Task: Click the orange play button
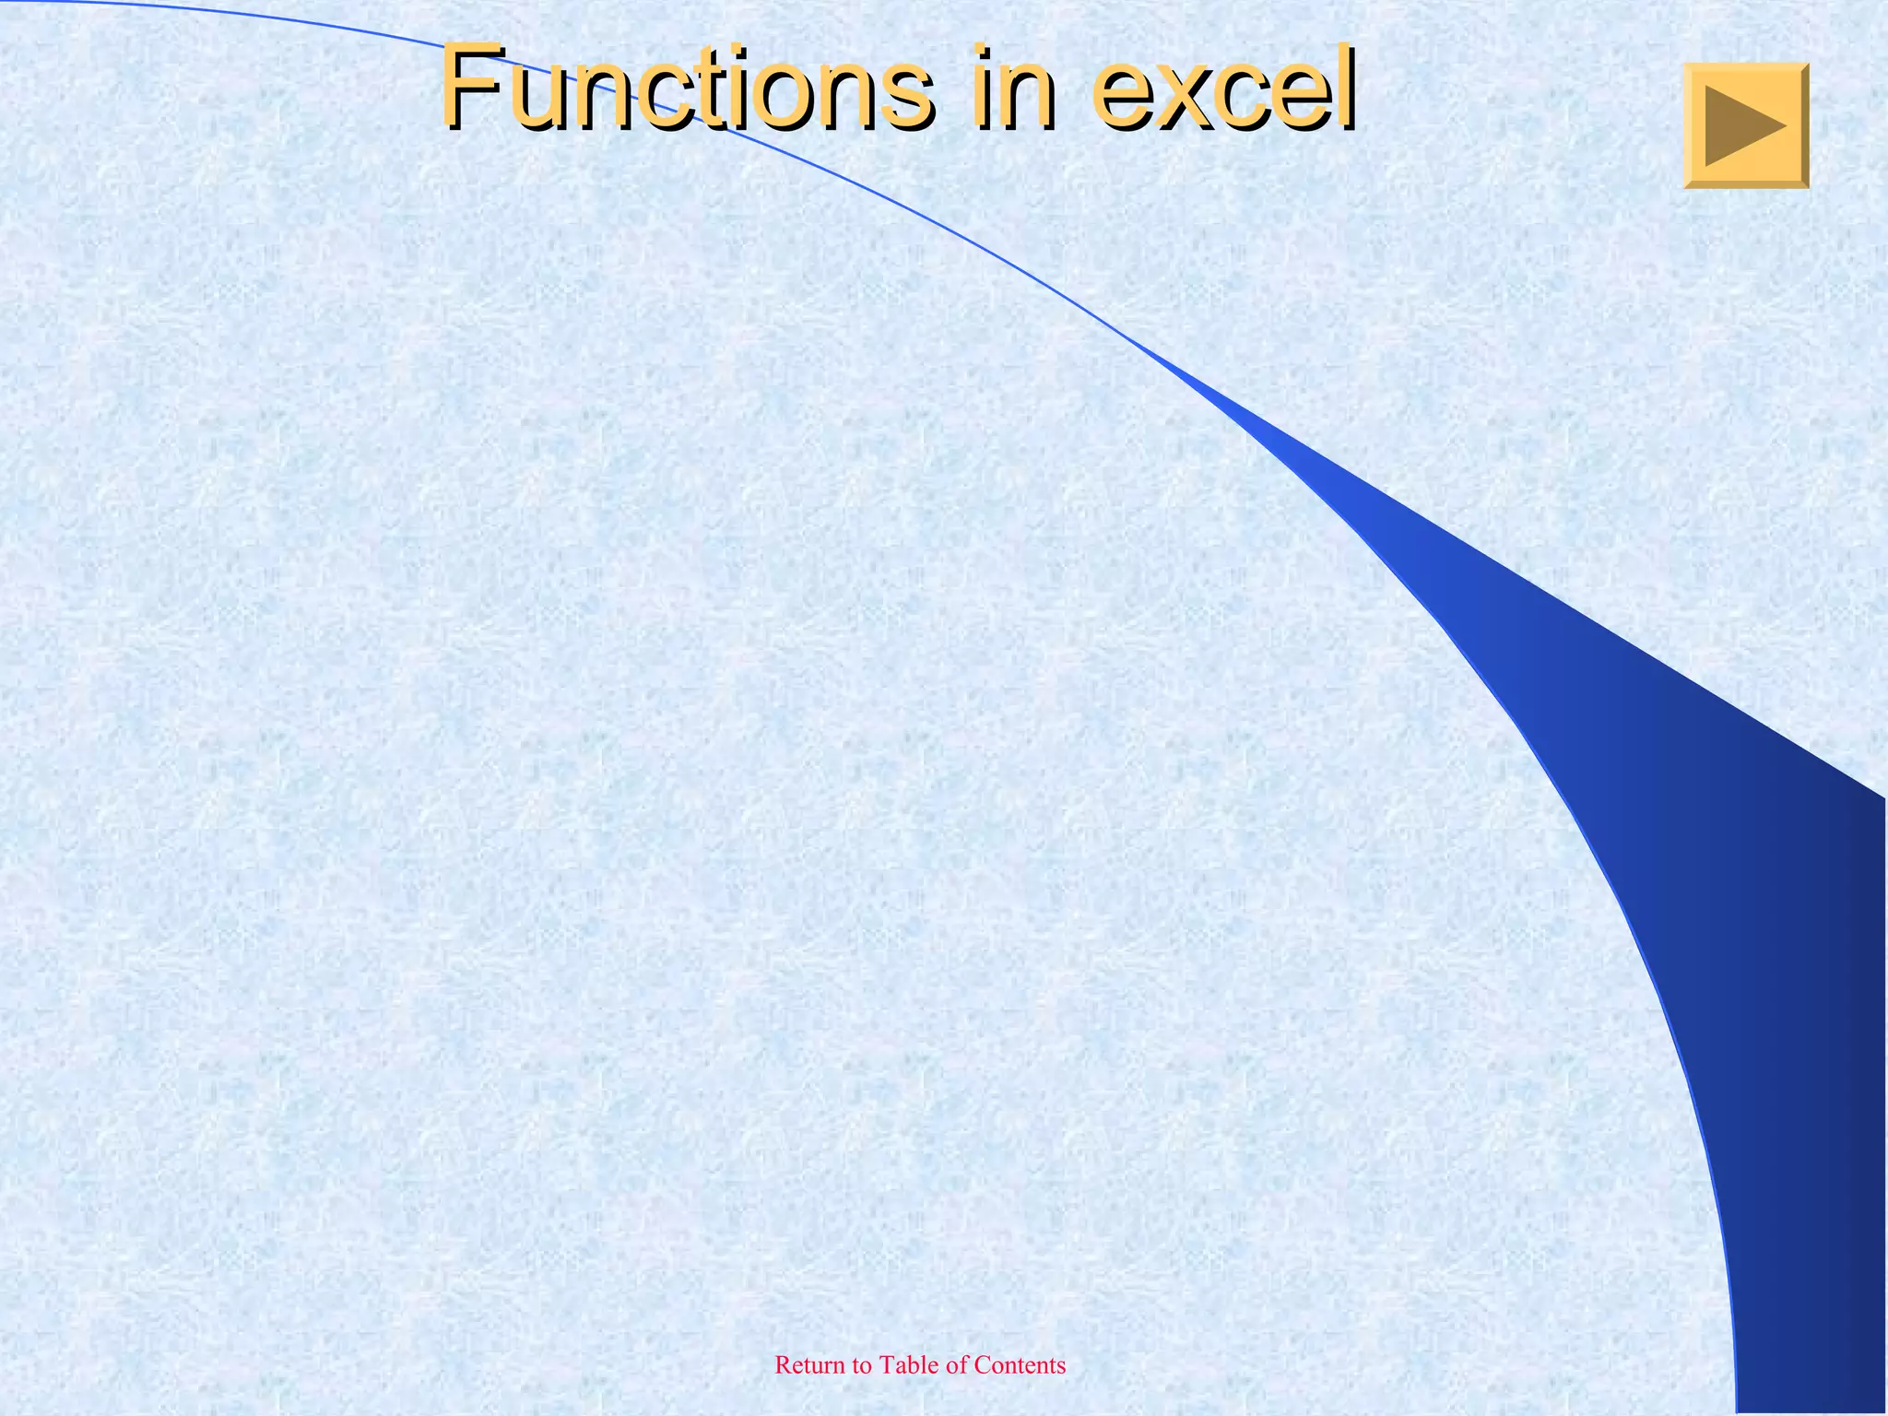click(1746, 126)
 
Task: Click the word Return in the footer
click(808, 1365)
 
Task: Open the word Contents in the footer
click(1020, 1365)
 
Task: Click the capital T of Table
click(886, 1365)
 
